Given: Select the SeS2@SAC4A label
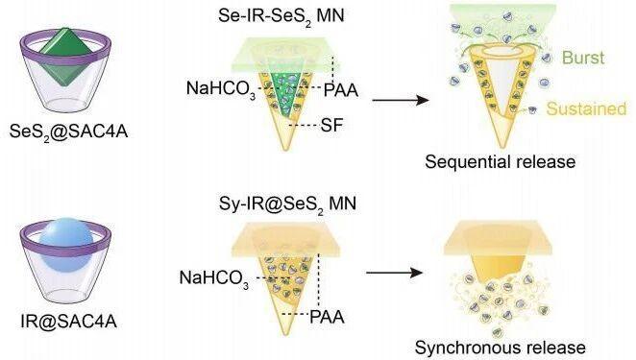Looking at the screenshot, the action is point(68,132).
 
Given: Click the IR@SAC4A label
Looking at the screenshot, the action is point(68,321).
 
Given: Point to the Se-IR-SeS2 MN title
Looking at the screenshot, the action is point(281,16).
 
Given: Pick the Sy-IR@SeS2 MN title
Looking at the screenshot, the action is point(287,204).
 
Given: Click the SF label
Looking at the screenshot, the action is point(331,125).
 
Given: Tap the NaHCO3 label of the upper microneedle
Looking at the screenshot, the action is point(221,88).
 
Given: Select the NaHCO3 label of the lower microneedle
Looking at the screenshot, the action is point(213,278).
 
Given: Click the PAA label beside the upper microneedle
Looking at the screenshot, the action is point(341,90).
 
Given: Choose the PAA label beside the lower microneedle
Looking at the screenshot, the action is point(327,317).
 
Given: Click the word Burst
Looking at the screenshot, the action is point(583,58).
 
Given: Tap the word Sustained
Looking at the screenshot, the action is point(586,108).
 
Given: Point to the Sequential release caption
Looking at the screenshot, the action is point(501,161).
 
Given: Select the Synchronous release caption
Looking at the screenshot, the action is point(501,348).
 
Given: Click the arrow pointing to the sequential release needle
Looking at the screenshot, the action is point(401,100).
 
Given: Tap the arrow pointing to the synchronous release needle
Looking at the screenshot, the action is point(394,273).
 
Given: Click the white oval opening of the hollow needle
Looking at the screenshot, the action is point(501,52).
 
